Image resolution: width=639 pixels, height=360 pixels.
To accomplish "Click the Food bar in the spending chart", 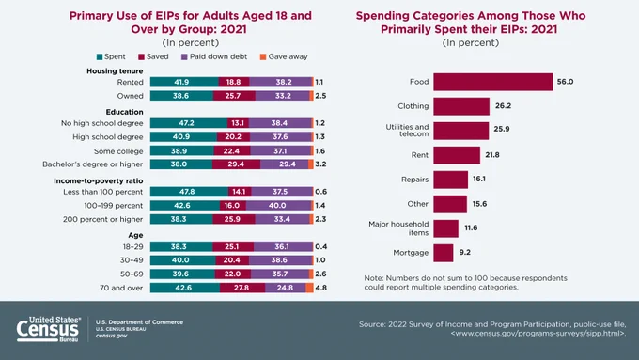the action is pyautogui.click(x=493, y=82).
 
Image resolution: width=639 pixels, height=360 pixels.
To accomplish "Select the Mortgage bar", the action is pyautogui.click(x=444, y=253).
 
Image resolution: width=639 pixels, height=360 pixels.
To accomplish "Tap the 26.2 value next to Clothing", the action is pyautogui.click(x=503, y=105).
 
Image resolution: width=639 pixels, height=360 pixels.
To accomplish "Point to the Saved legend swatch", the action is pyautogui.click(x=141, y=57).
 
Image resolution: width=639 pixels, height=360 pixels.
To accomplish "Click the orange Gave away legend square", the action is pyautogui.click(x=263, y=57).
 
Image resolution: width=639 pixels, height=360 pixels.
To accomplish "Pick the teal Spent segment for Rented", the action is pyautogui.click(x=184, y=82).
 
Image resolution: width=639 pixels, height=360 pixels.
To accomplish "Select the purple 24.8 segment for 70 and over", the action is pyautogui.click(x=286, y=288).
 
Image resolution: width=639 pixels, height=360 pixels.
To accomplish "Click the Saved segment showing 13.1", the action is pyautogui.click(x=238, y=123).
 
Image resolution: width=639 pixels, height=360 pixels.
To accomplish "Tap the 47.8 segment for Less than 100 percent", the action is pyautogui.click(x=189, y=192).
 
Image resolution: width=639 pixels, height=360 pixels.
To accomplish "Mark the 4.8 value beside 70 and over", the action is pyautogui.click(x=321, y=288).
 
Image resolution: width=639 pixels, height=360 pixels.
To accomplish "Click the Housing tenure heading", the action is pyautogui.click(x=115, y=70).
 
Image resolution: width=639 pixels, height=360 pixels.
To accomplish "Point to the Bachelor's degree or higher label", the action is pyautogui.click(x=92, y=164).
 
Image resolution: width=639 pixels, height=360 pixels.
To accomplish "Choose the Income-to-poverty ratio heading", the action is pyautogui.click(x=99, y=180).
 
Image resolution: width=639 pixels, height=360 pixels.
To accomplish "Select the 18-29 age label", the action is pyautogui.click(x=133, y=246).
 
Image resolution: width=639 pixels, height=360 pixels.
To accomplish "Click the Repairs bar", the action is pyautogui.click(x=451, y=180).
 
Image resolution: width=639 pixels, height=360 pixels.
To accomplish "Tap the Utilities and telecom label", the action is pyautogui.click(x=407, y=130).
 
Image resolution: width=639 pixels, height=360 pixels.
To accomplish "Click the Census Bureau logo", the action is pyautogui.click(x=49, y=329).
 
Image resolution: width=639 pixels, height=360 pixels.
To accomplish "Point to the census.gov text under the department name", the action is pyautogui.click(x=111, y=336).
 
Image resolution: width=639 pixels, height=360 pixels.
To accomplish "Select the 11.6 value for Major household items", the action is pyautogui.click(x=471, y=227).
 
